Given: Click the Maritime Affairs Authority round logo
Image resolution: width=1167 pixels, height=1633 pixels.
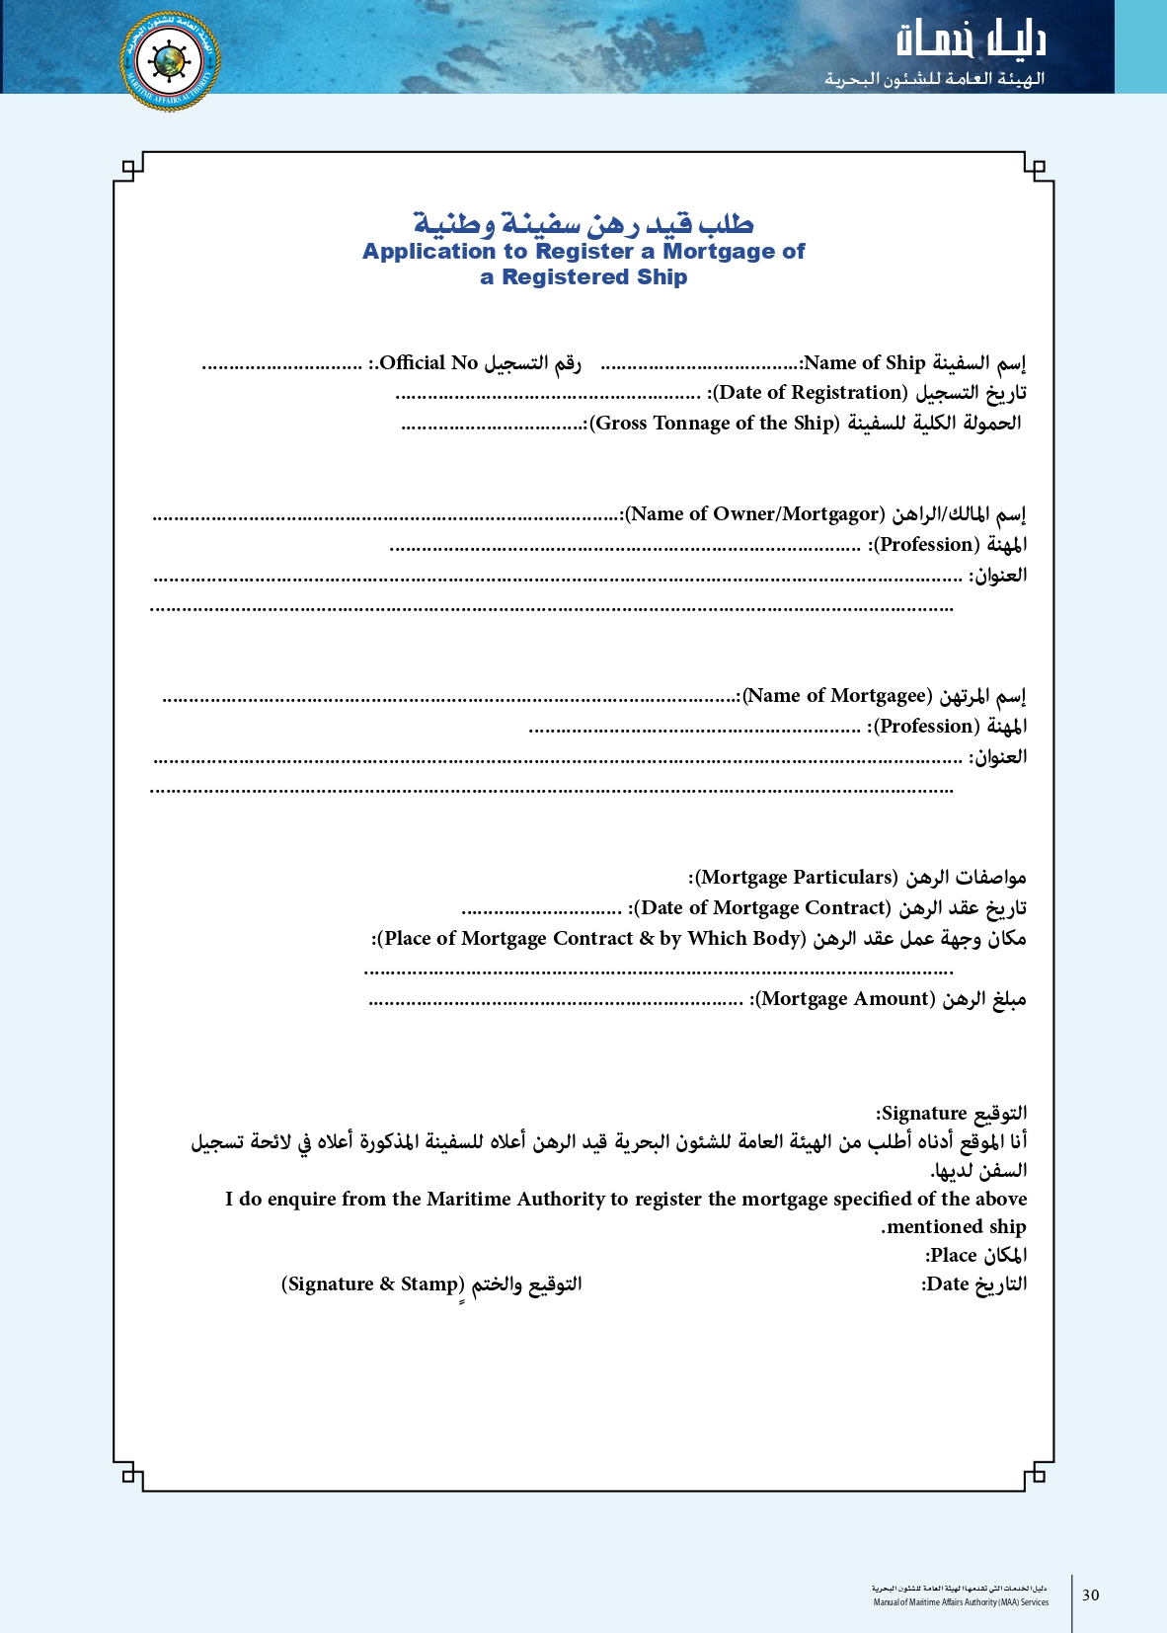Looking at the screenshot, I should (170, 61).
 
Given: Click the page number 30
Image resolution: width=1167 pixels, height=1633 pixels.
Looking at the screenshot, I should (1090, 1594).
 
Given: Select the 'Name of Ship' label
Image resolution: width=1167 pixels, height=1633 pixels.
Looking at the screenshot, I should (865, 363).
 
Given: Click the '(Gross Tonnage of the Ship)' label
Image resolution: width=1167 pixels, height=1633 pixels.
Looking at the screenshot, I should (715, 424).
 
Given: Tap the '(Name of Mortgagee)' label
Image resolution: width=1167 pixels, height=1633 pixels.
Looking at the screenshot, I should (837, 696).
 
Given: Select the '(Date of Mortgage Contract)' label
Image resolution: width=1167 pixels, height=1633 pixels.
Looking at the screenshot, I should (762, 908).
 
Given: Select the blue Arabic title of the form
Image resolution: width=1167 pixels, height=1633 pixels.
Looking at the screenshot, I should (583, 223).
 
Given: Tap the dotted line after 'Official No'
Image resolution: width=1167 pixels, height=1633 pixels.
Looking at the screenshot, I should (281, 366).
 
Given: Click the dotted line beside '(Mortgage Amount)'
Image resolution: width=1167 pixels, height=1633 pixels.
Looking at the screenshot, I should (555, 1002).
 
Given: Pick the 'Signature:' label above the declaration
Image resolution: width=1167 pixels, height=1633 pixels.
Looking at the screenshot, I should (924, 1114).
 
